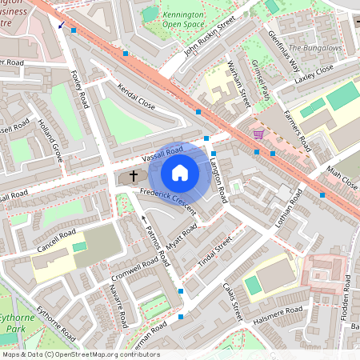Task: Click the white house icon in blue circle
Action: tap(180, 172)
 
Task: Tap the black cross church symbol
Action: tap(133, 176)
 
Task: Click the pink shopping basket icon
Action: tap(258, 134)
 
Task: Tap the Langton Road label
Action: tap(218, 178)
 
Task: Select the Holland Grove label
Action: tap(50, 141)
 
